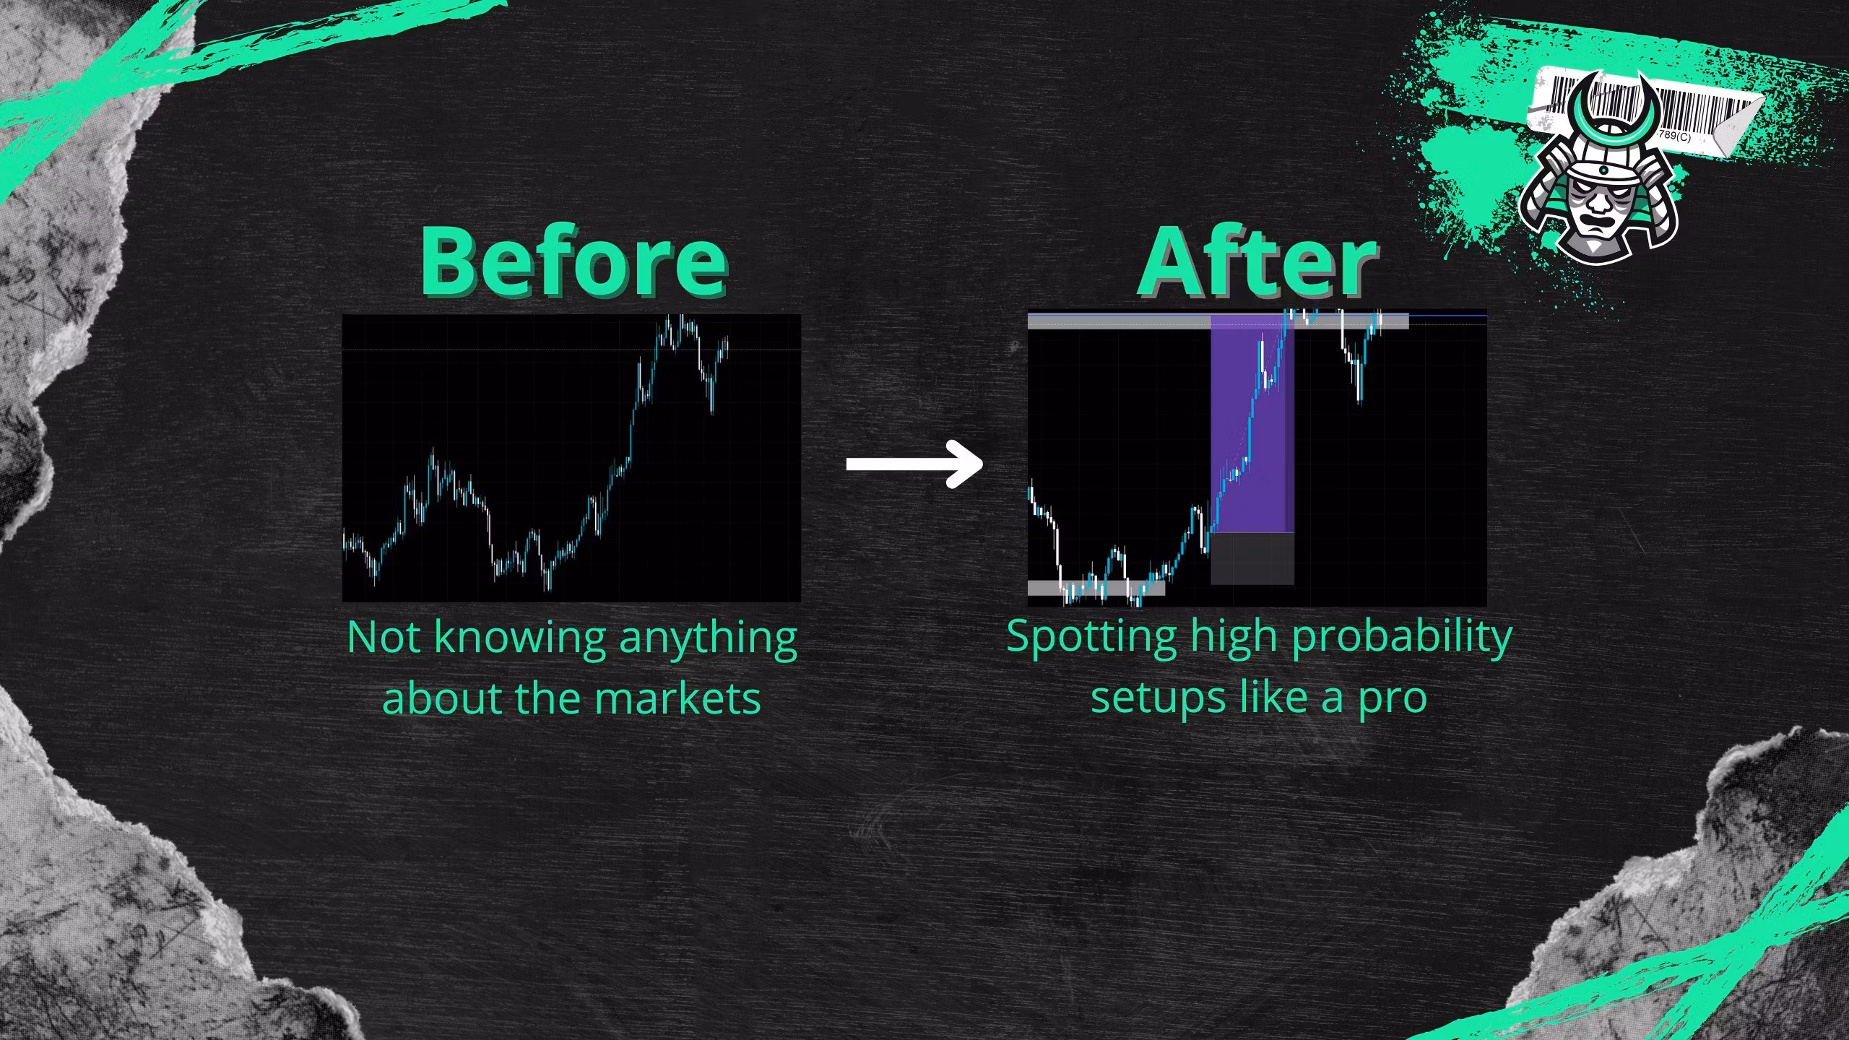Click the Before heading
click(574, 261)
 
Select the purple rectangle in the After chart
click(1252, 424)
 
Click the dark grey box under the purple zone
click(1252, 558)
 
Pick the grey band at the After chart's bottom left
click(1096, 588)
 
